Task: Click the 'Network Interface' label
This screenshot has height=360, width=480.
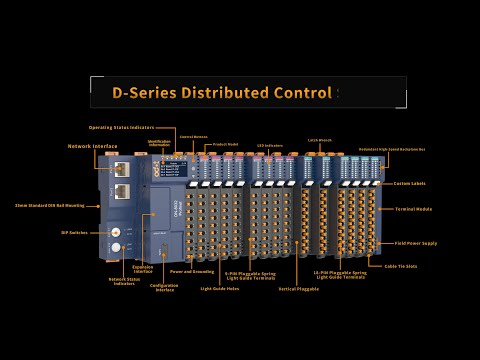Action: point(93,146)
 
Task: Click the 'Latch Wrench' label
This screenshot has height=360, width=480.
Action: point(319,141)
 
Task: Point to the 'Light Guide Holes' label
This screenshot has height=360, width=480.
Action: point(219,288)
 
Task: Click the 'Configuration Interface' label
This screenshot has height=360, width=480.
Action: point(163,287)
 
